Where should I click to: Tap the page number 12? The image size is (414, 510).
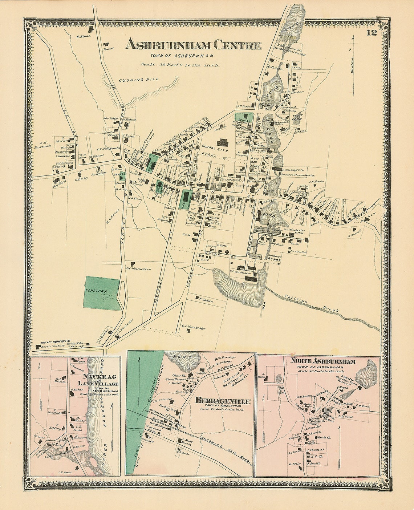(x=371, y=33)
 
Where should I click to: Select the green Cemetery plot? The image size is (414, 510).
(x=101, y=293)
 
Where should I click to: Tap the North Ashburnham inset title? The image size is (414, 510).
(x=322, y=361)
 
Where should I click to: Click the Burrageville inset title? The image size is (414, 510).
(x=223, y=401)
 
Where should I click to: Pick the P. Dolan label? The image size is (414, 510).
(x=206, y=300)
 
